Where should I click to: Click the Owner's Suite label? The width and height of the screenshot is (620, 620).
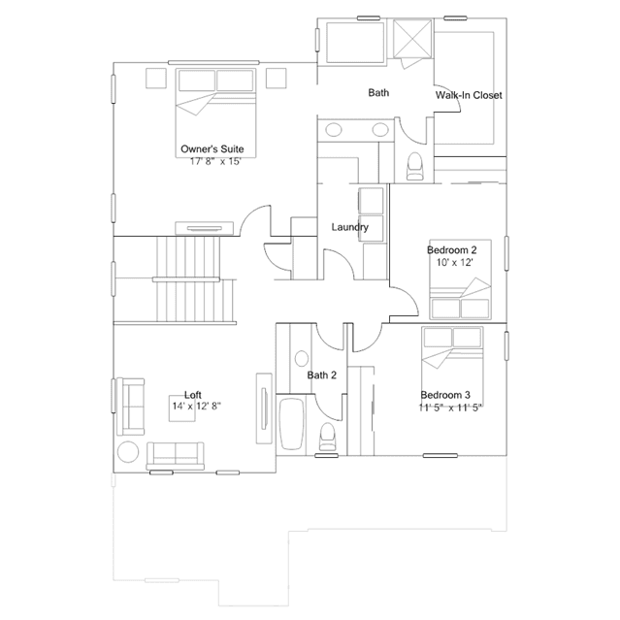click(x=212, y=149)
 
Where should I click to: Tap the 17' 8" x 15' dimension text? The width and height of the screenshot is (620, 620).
click(x=216, y=161)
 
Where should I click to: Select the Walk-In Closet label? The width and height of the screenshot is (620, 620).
click(x=469, y=95)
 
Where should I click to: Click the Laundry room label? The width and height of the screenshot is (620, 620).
click(x=350, y=227)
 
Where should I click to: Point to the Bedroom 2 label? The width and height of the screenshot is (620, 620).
click(x=452, y=250)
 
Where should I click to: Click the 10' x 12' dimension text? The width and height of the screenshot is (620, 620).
click(x=455, y=262)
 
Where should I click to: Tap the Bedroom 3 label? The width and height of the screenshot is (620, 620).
click(x=445, y=395)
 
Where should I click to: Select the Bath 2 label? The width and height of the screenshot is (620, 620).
click(x=322, y=375)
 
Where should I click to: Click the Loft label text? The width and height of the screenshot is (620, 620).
click(x=193, y=395)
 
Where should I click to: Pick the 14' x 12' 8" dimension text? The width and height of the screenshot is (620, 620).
click(x=197, y=407)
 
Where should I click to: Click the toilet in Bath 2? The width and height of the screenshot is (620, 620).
click(x=327, y=437)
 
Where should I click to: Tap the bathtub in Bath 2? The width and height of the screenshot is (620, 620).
click(x=292, y=424)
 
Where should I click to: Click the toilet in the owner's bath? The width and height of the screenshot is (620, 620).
click(x=414, y=167)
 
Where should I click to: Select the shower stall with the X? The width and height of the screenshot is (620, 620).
click(x=412, y=39)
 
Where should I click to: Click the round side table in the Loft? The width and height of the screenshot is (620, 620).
click(x=128, y=451)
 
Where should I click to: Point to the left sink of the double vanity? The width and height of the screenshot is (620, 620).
click(x=334, y=130)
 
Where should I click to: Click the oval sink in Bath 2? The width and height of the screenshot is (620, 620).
click(x=302, y=359)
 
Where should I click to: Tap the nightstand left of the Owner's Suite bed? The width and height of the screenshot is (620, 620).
click(x=156, y=79)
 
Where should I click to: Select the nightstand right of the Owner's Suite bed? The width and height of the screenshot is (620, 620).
click(x=276, y=79)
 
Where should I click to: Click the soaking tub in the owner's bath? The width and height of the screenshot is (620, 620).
click(x=355, y=43)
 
